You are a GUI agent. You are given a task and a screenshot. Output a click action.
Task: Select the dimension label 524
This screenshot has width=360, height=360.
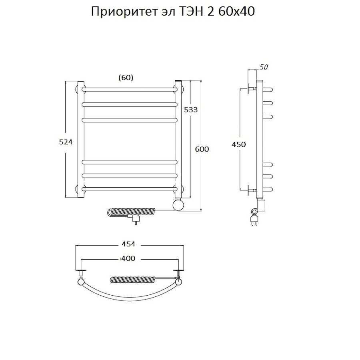click(66, 142)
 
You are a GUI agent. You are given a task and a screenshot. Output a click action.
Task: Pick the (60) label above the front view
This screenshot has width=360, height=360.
click(126, 78)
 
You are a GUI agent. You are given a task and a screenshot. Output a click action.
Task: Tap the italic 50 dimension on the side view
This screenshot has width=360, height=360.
click(263, 67)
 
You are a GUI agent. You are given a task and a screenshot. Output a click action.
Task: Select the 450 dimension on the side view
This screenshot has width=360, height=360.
click(238, 144)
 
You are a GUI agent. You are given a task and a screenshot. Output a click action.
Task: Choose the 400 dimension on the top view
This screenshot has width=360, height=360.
click(128, 258)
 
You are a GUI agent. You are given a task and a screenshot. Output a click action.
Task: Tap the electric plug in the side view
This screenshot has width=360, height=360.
click(254, 219)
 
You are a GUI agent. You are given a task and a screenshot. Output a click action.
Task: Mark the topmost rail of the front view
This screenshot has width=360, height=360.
click(130, 88)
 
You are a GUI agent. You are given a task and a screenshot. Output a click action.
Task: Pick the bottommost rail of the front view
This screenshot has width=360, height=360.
click(130, 188)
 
